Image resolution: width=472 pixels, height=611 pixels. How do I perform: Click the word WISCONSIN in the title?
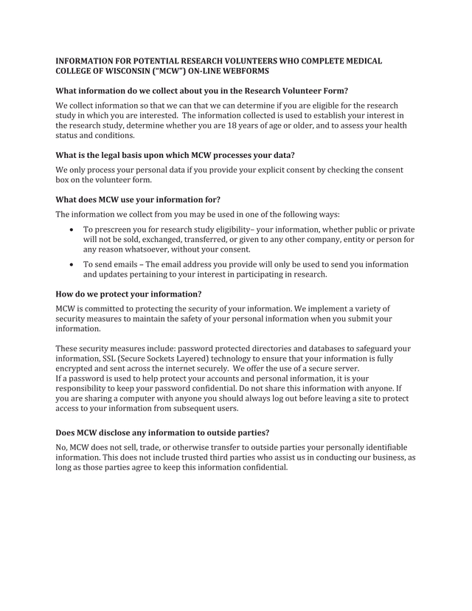pyautogui.click(x=116, y=71)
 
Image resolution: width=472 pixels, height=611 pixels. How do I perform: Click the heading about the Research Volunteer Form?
pyautogui.click(x=201, y=90)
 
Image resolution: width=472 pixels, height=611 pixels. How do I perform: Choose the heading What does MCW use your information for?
pyautogui.click(x=138, y=199)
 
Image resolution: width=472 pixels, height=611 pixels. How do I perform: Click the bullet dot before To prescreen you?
pyautogui.click(x=71, y=230)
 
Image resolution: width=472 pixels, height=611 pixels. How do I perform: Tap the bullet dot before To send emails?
pyautogui.click(x=71, y=264)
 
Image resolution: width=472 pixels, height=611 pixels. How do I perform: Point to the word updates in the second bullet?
pyautogui.click(x=123, y=275)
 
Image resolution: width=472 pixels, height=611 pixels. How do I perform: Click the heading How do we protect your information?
pyautogui.click(x=129, y=294)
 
